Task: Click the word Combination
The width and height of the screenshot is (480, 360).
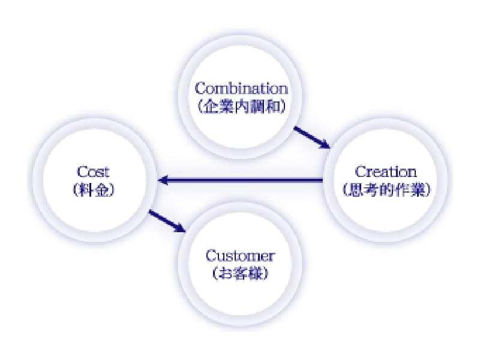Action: (x=241, y=89)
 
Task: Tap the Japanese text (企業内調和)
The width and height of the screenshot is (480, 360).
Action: (x=241, y=107)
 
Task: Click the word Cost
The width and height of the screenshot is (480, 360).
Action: (x=94, y=172)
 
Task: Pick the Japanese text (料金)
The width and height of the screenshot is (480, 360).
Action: (x=94, y=191)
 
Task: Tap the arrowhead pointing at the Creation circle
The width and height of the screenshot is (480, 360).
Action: (x=325, y=144)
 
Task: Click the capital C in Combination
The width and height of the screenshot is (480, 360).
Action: (x=200, y=89)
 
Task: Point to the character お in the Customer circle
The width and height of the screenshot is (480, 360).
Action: (x=224, y=274)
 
